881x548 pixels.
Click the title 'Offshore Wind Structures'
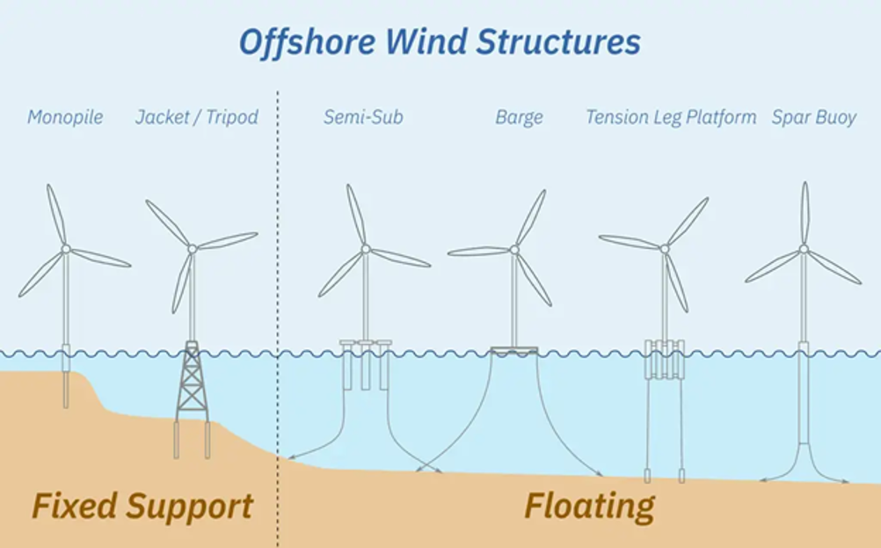[440, 42]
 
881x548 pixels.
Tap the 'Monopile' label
[65, 117]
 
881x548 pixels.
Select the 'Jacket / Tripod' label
[197, 117]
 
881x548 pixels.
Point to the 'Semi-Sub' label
[363, 117]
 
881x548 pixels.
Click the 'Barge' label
[519, 117]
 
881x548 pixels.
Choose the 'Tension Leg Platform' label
[671, 117]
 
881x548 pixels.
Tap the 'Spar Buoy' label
[813, 117]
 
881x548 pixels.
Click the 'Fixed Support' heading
[142, 507]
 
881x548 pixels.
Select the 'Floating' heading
[589, 507]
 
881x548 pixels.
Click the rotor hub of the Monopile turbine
[66, 248]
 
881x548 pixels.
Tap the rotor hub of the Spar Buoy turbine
[804, 248]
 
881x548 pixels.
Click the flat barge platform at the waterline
[514, 351]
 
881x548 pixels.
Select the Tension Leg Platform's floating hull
[665, 359]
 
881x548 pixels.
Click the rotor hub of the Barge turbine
[514, 248]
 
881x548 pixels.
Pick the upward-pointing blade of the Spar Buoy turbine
[805, 213]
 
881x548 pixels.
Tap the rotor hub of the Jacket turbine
[193, 248]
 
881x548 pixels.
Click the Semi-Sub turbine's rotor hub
[366, 248]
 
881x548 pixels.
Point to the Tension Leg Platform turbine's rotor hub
[665, 248]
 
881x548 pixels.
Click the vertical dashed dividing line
[278, 318]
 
